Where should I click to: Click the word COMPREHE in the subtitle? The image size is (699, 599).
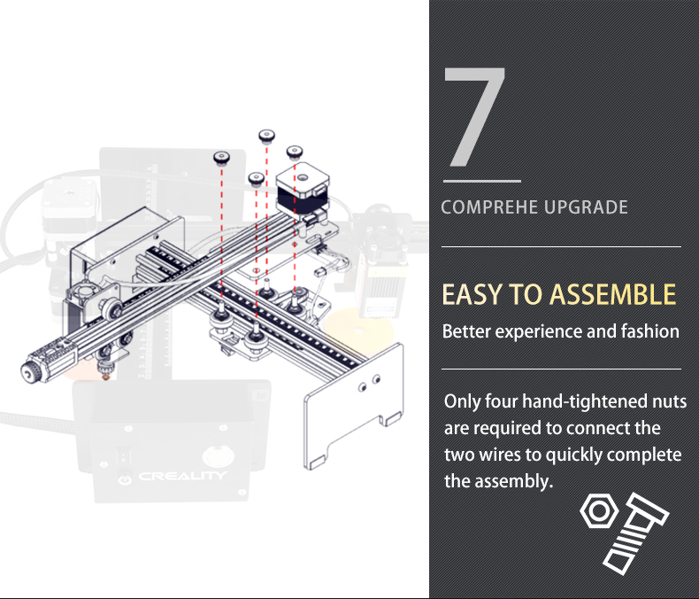pos(489,207)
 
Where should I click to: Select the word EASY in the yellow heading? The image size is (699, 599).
pos(472,294)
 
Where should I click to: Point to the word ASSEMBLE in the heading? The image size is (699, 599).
pos(613,294)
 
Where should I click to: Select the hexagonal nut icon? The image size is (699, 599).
pos(599,510)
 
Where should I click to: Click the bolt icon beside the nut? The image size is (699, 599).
pos(635,533)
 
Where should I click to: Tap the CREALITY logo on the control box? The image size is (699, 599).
pos(182,476)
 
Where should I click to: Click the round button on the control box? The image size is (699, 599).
pos(218,455)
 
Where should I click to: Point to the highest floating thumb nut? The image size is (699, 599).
pos(266,136)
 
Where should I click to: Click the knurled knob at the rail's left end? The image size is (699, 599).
pos(31,371)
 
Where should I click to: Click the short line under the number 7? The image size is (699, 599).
pos(482,182)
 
